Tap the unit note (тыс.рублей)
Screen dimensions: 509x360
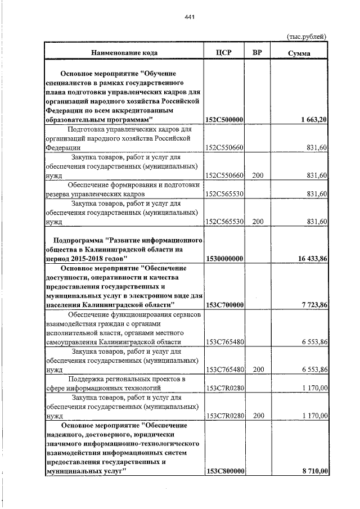tap(307, 37)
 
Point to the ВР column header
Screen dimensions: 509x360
tap(257, 53)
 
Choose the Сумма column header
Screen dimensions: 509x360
tap(299, 53)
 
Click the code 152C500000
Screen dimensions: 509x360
tap(224, 120)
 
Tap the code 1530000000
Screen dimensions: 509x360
tap(224, 258)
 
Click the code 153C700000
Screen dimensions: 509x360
tap(224, 305)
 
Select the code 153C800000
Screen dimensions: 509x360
tap(224, 471)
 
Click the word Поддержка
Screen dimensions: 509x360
tap(88, 379)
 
